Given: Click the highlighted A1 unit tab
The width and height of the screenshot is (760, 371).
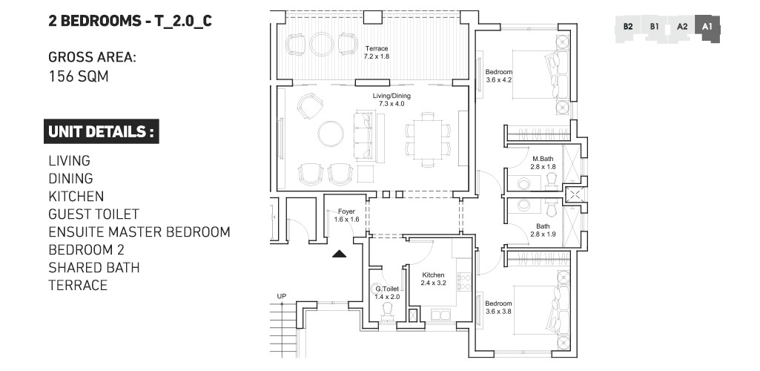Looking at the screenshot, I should [707, 27].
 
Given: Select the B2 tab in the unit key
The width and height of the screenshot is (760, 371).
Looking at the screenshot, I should [627, 27].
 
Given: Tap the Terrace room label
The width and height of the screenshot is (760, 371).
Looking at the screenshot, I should [376, 49].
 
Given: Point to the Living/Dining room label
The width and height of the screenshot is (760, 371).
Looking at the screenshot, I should [391, 96].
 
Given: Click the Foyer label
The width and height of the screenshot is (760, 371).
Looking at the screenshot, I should [346, 211].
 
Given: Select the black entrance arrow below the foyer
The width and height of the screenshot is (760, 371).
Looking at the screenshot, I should [339, 254].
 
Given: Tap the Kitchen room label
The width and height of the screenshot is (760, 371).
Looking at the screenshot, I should [432, 275].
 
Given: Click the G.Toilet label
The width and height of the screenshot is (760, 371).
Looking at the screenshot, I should [387, 289].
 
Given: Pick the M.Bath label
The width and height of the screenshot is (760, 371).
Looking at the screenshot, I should [541, 160].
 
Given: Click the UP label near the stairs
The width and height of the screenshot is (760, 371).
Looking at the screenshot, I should [281, 297].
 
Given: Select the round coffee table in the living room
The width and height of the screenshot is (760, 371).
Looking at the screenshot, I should [330, 134].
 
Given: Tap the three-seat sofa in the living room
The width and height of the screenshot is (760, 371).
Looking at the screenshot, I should [363, 135].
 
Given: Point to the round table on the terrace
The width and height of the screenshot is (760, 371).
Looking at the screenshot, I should [322, 45].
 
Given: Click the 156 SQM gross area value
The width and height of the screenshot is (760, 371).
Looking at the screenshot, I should [79, 76].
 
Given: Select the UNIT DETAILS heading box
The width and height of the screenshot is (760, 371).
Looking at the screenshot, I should [101, 132].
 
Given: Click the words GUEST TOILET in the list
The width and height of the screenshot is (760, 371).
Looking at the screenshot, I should [93, 214].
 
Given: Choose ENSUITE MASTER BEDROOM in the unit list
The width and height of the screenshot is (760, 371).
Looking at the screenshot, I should [139, 232].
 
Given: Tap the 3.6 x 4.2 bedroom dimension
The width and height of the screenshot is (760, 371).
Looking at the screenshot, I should [499, 80].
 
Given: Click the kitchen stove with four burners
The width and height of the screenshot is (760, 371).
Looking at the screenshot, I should [465, 282].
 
